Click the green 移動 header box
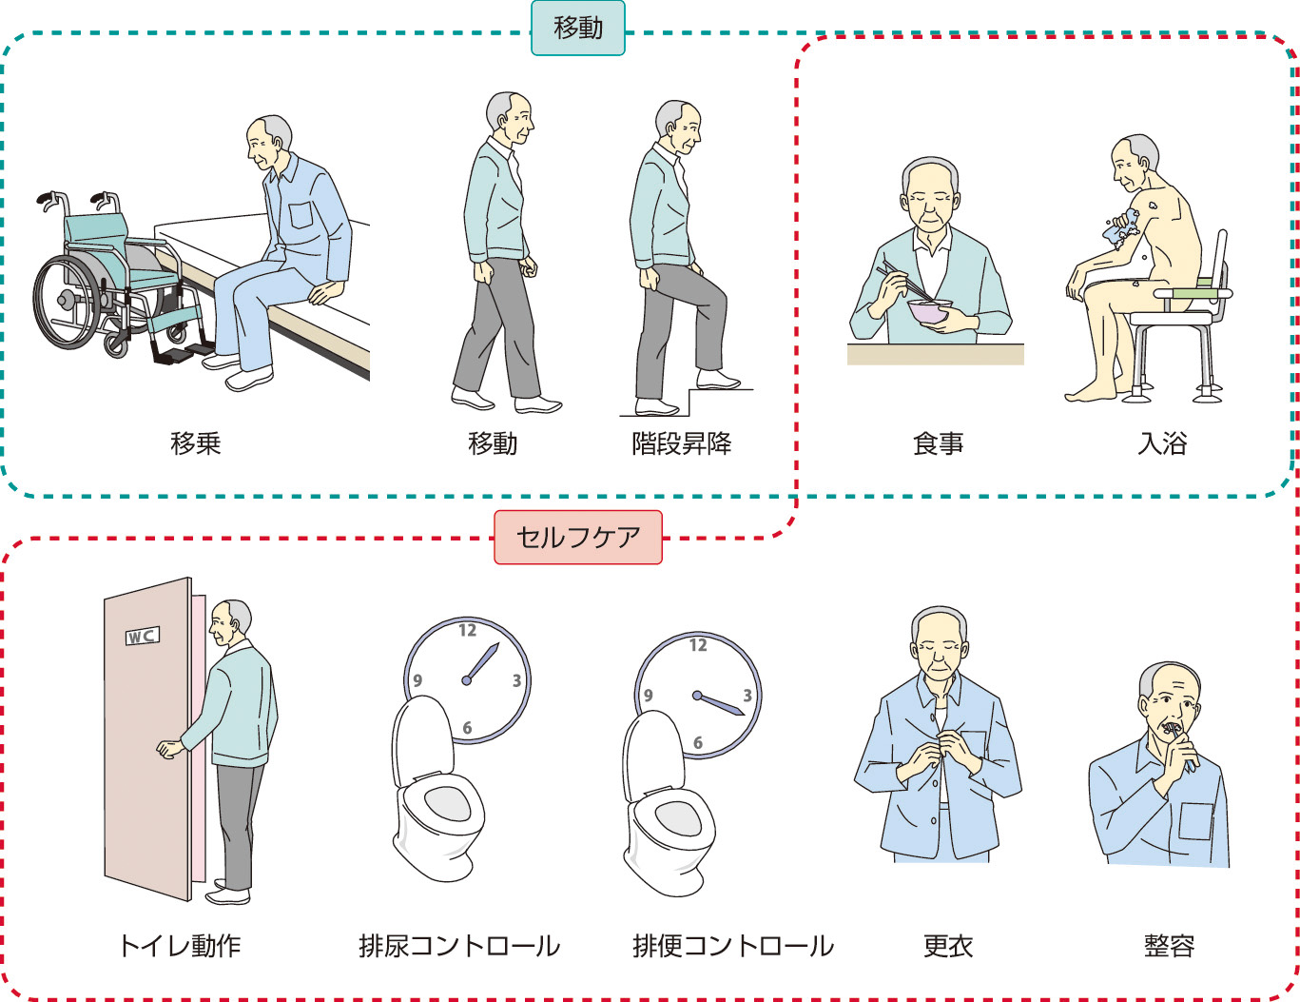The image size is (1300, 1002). coord(577,29)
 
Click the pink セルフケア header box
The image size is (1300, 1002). coord(577,538)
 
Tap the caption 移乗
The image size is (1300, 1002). coord(196,443)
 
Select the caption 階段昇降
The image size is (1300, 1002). coord(681,443)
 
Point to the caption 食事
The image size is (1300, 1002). coord(938,443)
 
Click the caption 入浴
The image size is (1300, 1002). coord(1162,443)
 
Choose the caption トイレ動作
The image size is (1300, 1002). coord(179,946)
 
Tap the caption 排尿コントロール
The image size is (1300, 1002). coord(459,946)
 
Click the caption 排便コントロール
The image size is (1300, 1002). coord(733,946)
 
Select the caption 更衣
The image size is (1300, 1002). coord(948,946)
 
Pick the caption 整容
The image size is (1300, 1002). coord(1169,946)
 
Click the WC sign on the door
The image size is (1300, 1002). coord(142,636)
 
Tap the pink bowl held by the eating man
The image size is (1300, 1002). coord(928,311)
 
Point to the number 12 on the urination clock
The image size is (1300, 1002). coord(467,630)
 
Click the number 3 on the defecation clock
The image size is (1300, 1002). coord(747,696)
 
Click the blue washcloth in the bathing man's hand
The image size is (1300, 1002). coord(1122,228)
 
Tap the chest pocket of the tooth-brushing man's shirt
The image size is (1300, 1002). coord(1195,820)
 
